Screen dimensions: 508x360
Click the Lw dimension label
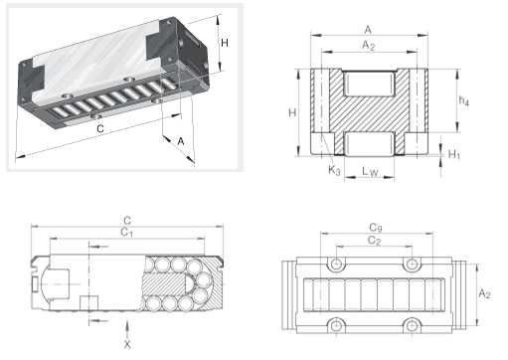[x=370, y=172]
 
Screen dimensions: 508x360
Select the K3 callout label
[x=334, y=170]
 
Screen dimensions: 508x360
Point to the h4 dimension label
[x=464, y=100]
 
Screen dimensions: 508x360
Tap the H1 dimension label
[x=454, y=154]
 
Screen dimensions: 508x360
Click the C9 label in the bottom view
[x=376, y=228]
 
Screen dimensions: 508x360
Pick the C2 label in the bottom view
[x=374, y=241]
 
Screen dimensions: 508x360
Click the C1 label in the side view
[x=126, y=233]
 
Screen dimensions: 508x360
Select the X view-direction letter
[x=127, y=344]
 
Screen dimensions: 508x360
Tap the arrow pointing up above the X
[x=127, y=329]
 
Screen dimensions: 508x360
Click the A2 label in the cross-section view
[x=368, y=45]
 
